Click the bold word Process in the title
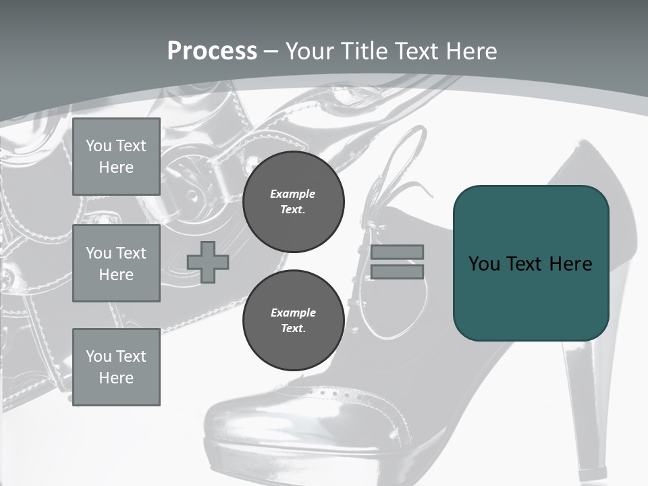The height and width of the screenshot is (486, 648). point(212,51)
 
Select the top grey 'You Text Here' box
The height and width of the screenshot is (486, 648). point(116,157)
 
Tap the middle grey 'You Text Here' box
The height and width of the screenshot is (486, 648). point(116,263)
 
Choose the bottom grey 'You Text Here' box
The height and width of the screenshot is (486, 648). point(116,367)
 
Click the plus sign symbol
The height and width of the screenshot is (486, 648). point(208,262)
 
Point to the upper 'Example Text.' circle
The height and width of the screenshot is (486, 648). point(293,201)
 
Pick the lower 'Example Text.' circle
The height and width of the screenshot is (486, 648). point(293,320)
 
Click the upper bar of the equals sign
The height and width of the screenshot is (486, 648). point(397,252)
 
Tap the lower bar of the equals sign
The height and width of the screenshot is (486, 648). point(397,271)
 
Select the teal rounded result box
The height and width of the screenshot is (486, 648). point(531,263)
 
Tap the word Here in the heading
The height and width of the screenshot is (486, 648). point(468,51)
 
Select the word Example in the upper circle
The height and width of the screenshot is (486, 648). point(293,194)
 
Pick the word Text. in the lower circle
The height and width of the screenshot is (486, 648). point(293,329)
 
